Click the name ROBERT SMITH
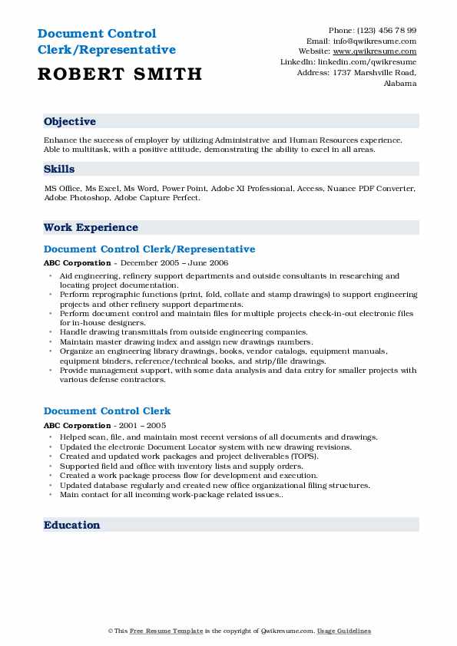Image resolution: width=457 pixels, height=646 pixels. [x=119, y=74]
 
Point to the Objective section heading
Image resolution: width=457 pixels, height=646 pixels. [x=70, y=122]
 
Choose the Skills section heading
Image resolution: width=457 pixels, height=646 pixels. [x=59, y=170]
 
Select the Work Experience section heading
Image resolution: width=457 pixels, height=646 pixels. [x=91, y=227]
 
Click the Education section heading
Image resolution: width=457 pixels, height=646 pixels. [x=72, y=525]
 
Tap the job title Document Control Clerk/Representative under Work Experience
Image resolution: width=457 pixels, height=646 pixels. [x=149, y=249]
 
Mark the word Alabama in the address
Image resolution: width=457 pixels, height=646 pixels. [x=399, y=84]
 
